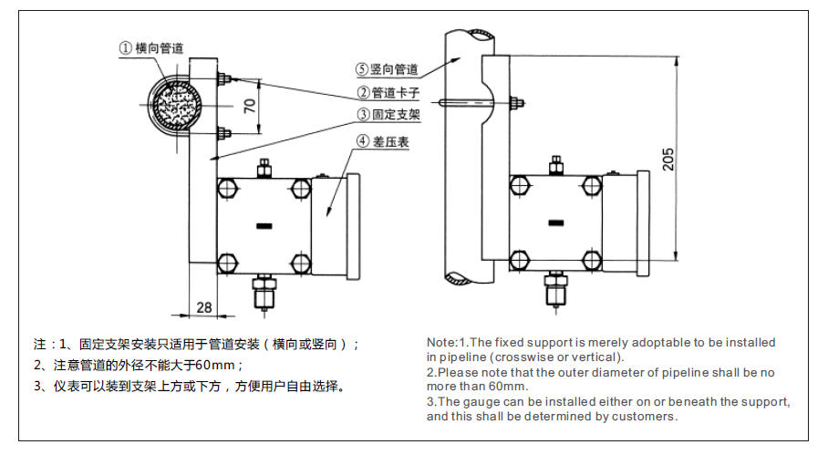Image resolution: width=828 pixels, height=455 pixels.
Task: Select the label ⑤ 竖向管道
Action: (387, 69)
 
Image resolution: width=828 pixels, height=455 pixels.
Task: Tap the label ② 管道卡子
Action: (388, 93)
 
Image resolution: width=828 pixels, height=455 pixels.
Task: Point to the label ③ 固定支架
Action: (388, 116)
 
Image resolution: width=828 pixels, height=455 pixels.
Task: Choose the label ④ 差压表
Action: (382, 141)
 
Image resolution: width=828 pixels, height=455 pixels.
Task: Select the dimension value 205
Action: (668, 159)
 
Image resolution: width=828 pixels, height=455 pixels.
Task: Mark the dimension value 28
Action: (203, 307)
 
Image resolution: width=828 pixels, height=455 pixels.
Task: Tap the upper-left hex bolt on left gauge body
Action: (226, 189)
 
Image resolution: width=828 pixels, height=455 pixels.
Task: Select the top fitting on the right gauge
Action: (554, 165)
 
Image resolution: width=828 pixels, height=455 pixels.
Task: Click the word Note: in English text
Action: (441, 343)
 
